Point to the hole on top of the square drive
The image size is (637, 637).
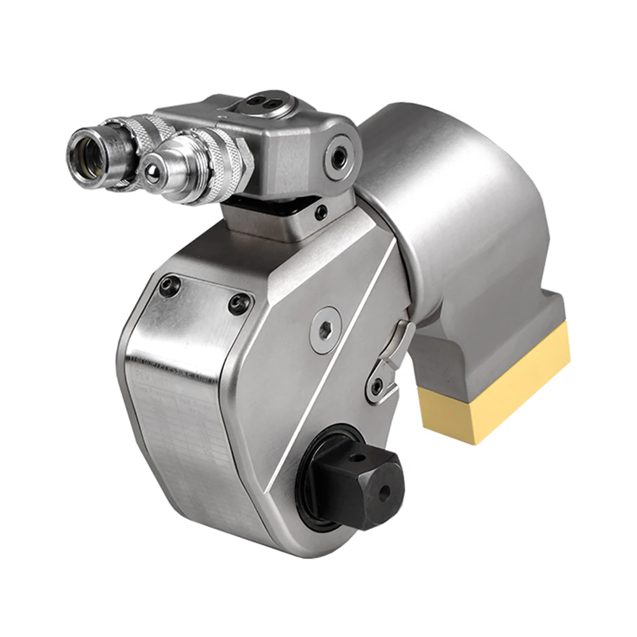(361, 456)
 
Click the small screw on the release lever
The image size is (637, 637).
(377, 385)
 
